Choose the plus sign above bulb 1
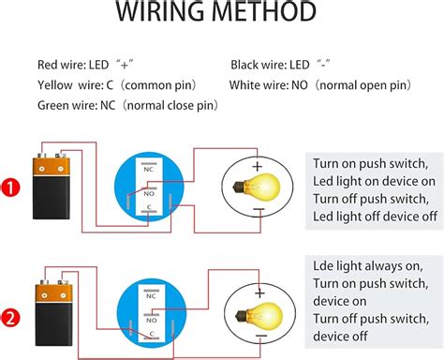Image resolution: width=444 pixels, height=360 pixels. tap(256, 167)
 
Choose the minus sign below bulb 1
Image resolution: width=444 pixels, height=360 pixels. tap(256, 212)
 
